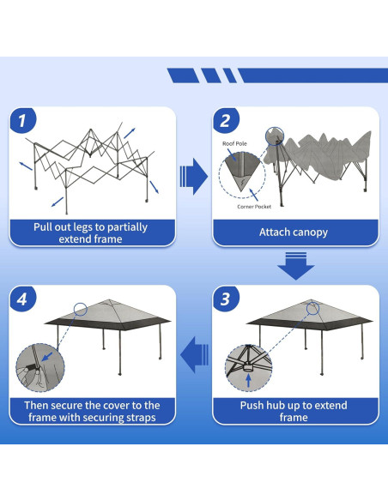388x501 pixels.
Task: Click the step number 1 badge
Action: (22, 120)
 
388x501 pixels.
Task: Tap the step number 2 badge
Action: (226, 120)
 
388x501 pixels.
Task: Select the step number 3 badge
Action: (226, 299)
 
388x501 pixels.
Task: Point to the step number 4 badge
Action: (22, 299)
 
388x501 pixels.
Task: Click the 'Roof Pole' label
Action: (235, 144)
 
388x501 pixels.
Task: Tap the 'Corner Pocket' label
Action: (254, 207)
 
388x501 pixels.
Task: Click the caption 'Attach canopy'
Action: (294, 232)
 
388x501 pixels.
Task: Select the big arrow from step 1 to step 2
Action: (194, 177)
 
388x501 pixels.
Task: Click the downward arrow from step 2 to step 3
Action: (296, 266)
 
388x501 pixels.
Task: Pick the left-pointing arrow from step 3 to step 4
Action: (194, 354)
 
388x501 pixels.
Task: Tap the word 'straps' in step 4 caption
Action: (140, 418)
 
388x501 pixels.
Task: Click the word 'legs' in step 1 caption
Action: (83, 227)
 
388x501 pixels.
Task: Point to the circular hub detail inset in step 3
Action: (249, 368)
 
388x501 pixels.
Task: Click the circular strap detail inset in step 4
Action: (40, 367)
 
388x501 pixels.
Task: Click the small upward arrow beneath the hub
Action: (248, 381)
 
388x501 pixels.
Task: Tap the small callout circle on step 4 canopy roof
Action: (81, 309)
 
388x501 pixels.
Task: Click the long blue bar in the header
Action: (313, 75)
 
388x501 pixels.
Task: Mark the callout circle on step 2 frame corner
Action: (275, 136)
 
